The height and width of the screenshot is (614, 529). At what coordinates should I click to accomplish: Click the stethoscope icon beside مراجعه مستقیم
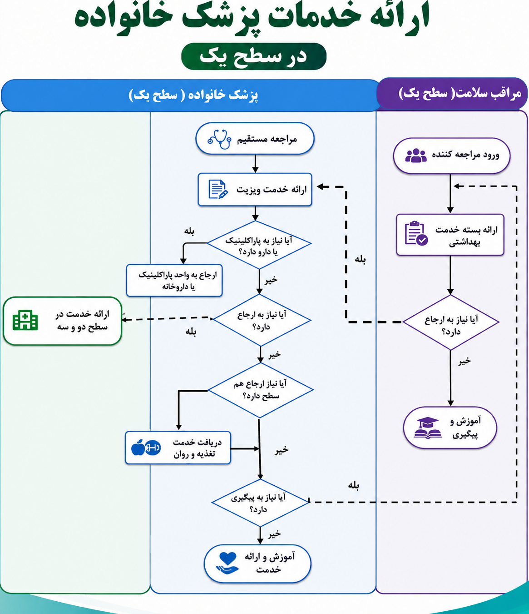click(x=220, y=139)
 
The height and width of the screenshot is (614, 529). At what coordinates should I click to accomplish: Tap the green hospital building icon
click(x=25, y=320)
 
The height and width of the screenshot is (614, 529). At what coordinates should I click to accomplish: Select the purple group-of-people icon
click(x=416, y=156)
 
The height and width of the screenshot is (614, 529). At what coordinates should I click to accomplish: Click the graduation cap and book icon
click(x=428, y=428)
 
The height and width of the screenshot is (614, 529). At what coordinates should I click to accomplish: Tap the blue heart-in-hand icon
click(x=227, y=563)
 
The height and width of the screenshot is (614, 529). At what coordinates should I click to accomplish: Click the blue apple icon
click(x=138, y=448)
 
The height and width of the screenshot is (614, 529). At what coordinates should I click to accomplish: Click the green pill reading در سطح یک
click(x=254, y=56)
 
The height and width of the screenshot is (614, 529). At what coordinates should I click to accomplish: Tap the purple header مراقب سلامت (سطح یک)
click(x=453, y=94)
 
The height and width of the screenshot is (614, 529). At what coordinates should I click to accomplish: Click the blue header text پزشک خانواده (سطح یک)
click(x=193, y=95)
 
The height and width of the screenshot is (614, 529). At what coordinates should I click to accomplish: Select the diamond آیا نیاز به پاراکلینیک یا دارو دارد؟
click(x=259, y=245)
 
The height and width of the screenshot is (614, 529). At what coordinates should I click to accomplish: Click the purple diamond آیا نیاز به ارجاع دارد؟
click(x=451, y=322)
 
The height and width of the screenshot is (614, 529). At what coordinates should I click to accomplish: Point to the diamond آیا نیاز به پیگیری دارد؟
click(x=260, y=503)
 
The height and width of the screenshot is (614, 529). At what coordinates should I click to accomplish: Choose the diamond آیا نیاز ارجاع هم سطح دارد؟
click(x=260, y=390)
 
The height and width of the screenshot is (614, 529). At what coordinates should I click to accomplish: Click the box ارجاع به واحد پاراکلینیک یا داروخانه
click(x=174, y=281)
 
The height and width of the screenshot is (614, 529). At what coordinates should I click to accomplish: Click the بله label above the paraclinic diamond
click(x=189, y=231)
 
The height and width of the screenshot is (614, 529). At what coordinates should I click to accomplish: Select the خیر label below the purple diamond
click(x=465, y=361)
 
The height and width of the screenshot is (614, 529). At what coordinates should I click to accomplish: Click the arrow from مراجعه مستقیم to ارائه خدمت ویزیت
click(x=255, y=163)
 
